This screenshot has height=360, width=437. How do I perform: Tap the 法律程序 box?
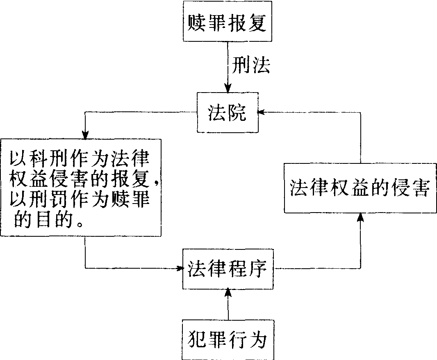point(228,268)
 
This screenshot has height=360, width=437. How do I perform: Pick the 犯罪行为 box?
point(228,339)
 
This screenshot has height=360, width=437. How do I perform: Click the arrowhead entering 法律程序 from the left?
point(179,269)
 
